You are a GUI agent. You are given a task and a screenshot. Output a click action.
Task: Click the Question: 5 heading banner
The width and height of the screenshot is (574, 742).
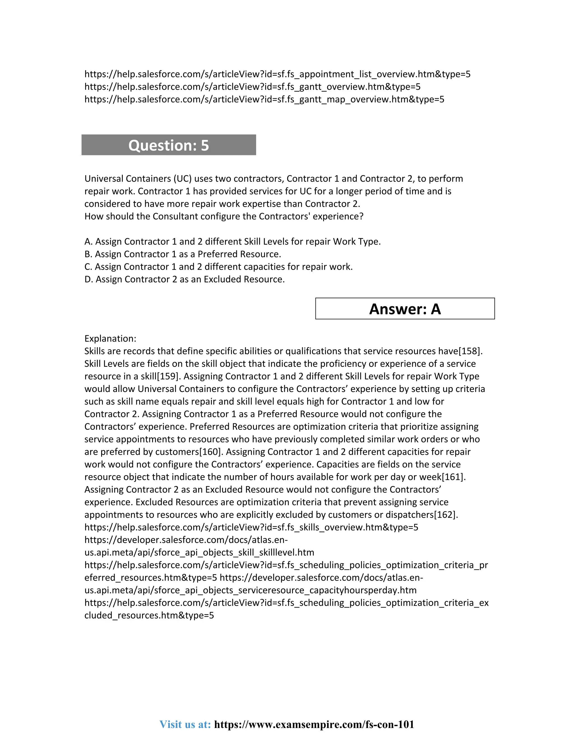click(169, 145)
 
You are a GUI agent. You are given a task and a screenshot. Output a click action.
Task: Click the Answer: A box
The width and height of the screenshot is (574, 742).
click(405, 309)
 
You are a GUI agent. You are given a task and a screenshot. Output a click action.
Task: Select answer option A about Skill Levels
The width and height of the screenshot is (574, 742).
click(233, 242)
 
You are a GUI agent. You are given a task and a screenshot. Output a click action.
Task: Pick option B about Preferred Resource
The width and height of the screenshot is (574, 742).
click(183, 254)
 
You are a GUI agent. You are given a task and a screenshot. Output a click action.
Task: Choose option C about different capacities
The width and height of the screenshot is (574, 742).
click(218, 267)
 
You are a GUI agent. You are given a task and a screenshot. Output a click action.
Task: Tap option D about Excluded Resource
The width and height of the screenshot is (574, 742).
click(184, 279)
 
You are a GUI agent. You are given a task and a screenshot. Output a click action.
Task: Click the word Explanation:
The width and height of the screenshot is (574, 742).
click(110, 339)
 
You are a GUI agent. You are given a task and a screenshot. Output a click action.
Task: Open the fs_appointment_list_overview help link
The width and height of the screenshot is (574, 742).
click(277, 74)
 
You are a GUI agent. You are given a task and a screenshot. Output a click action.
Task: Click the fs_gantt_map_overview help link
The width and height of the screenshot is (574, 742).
click(264, 99)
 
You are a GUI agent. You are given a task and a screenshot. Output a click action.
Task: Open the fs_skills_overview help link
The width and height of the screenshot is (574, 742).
click(251, 527)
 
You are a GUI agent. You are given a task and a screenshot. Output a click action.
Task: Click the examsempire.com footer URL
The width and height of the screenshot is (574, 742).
click(314, 724)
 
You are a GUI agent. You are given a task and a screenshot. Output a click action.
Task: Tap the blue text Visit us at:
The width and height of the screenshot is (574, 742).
click(185, 724)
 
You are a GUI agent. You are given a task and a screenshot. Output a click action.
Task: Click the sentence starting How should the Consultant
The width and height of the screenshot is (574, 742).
click(224, 216)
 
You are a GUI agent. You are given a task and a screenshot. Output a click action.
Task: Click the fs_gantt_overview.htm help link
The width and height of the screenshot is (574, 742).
click(252, 87)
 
